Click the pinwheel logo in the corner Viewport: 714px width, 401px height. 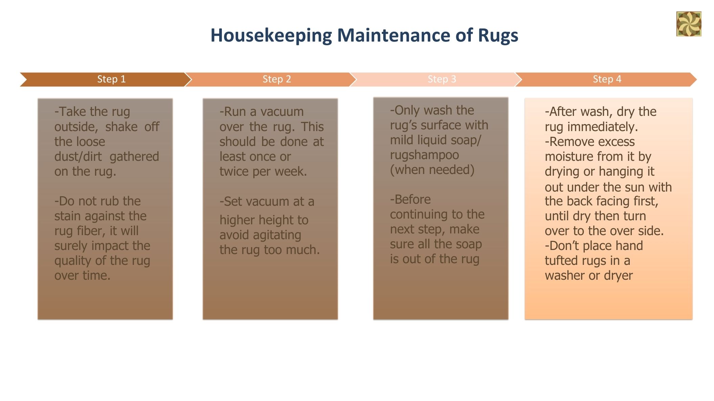tap(689, 24)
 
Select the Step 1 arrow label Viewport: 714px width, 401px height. tap(111, 79)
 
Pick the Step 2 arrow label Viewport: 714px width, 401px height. tap(277, 79)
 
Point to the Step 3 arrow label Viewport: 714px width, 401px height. tap(442, 79)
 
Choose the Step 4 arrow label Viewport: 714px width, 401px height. tap(607, 79)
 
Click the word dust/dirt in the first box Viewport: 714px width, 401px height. tap(78, 156)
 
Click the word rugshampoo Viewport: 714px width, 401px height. tap(424, 155)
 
